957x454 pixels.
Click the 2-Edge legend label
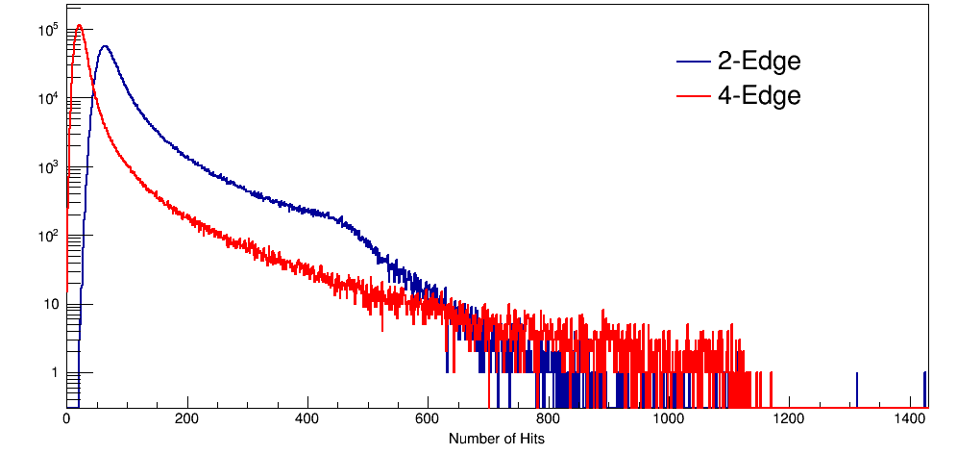click(758, 62)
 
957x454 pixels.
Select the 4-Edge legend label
click(758, 96)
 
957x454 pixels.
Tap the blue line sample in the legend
click(691, 63)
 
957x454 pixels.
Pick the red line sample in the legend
click(691, 96)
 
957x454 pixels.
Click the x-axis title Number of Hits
click(497, 439)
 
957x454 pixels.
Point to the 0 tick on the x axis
click(66, 419)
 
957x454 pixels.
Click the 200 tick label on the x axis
click(187, 419)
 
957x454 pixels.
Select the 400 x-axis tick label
click(307, 419)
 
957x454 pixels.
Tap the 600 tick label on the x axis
click(428, 419)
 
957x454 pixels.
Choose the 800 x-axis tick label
click(548, 419)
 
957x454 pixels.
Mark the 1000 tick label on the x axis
click(669, 419)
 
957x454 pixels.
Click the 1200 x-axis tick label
click(789, 419)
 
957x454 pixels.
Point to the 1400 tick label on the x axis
click(909, 419)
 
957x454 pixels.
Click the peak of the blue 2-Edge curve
click(105, 46)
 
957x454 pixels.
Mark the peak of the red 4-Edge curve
click(79, 26)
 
